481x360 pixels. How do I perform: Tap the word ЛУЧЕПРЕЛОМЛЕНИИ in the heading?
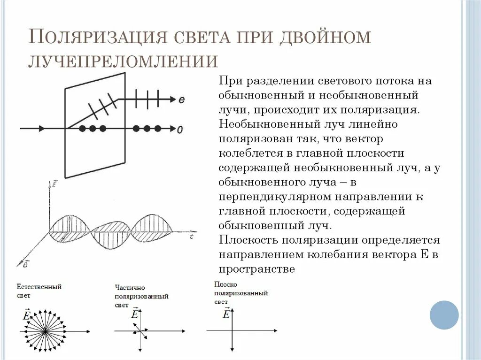124,61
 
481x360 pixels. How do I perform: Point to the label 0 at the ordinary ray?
179,129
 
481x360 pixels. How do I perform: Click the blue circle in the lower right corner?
444,314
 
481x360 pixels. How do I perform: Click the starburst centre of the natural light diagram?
45,331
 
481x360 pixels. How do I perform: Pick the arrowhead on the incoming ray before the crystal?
43,128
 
